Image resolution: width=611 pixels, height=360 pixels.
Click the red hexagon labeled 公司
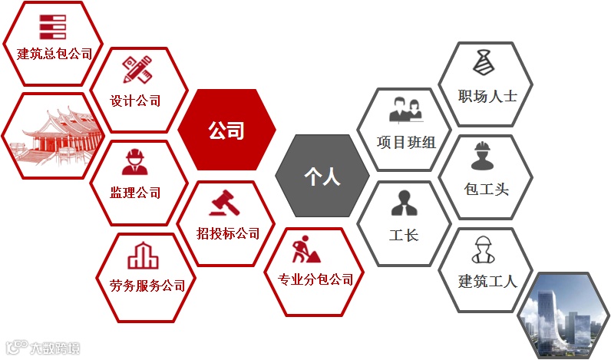[226, 130]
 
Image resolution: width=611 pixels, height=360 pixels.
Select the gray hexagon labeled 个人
[322, 177]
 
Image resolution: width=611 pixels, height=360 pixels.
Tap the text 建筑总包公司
[54, 54]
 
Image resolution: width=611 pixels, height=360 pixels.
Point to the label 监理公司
[136, 192]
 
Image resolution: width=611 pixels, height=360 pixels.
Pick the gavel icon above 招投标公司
[225, 203]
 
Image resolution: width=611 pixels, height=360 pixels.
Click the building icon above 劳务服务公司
[142, 255]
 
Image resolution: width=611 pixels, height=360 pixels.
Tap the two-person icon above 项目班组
[406, 109]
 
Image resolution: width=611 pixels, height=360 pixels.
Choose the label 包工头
[487, 189]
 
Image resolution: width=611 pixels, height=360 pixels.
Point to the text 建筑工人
[487, 280]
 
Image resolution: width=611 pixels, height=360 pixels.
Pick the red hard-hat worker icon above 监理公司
[136, 163]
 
